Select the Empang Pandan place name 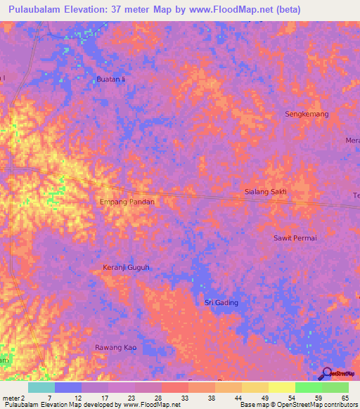tap(127, 202)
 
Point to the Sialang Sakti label tap(265, 191)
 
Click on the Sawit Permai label tap(295, 238)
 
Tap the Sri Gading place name tap(221, 302)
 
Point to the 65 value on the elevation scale tap(345, 398)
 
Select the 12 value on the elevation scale tap(77, 398)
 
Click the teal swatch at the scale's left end tap(41, 387)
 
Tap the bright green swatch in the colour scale tap(308, 387)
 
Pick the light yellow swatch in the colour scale tap(281, 387)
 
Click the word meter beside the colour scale tap(11, 398)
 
